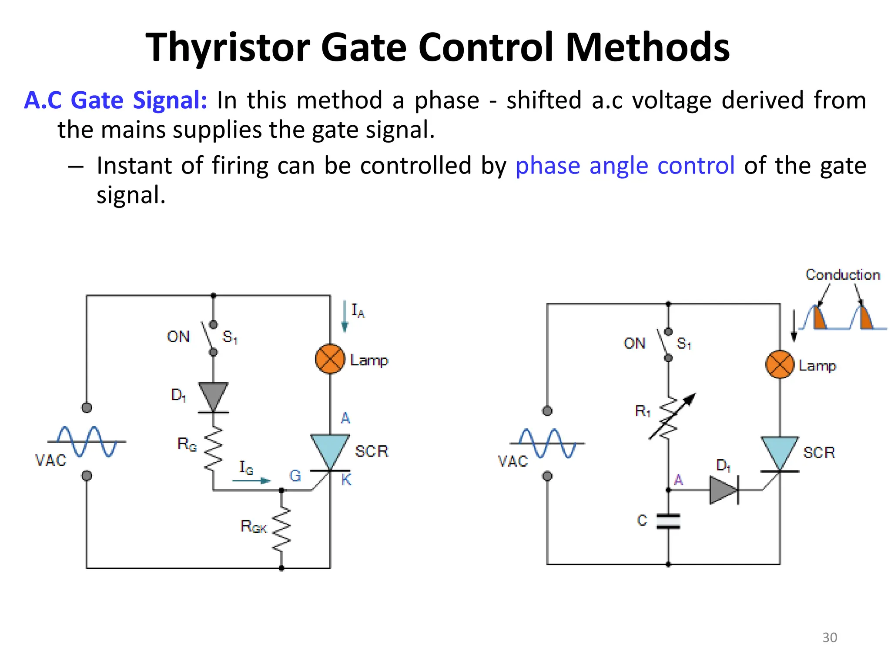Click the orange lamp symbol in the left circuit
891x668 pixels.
point(330,359)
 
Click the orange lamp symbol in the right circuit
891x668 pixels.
point(780,364)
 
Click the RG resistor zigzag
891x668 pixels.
point(213,448)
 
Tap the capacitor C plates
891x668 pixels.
point(668,521)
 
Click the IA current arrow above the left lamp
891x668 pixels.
point(345,316)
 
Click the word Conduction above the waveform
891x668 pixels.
point(842,275)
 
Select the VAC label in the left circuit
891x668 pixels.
point(51,460)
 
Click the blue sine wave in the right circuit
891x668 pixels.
point(547,443)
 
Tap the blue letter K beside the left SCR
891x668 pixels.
point(346,480)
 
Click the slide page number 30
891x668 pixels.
point(829,638)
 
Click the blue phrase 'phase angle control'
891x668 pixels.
point(625,166)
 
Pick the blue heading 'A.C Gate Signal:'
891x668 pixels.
point(115,100)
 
